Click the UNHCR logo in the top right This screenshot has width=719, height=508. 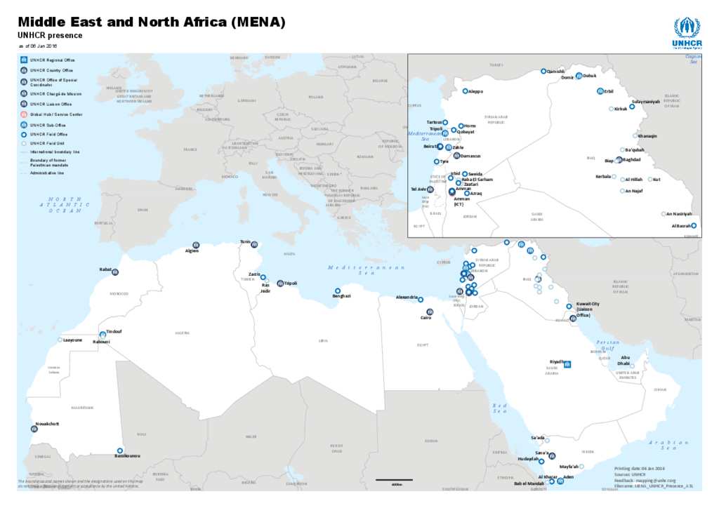click(x=687, y=32)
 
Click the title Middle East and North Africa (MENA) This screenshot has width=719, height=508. click(x=152, y=22)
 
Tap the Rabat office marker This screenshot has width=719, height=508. click(x=116, y=272)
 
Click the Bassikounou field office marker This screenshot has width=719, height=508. click(x=120, y=450)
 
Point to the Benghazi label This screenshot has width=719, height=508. click(x=341, y=296)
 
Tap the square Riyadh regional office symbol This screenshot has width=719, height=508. click(x=567, y=364)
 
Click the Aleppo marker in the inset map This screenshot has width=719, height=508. click(x=465, y=91)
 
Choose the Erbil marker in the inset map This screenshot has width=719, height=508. click(x=600, y=91)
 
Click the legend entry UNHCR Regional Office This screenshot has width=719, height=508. click(x=52, y=60)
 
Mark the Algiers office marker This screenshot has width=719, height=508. click(x=196, y=245)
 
